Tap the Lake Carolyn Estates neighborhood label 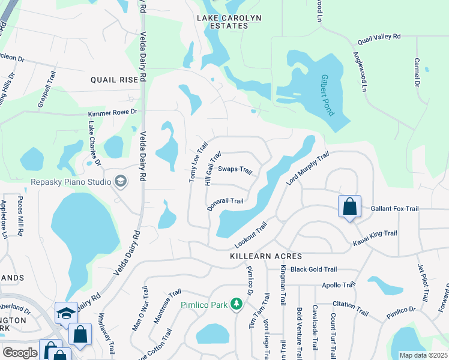tap(230, 22)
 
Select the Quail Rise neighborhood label tap(115, 79)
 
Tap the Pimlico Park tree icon tap(237, 305)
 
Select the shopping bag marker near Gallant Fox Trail tap(349, 208)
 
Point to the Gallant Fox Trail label tap(394, 208)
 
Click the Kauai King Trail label tap(375, 233)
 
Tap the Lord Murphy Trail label tap(307, 168)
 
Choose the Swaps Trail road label tap(235, 170)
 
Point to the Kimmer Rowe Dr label tap(113, 112)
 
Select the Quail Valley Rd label tap(379, 37)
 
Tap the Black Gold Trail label tap(314, 269)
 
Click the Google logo tap(20, 353)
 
